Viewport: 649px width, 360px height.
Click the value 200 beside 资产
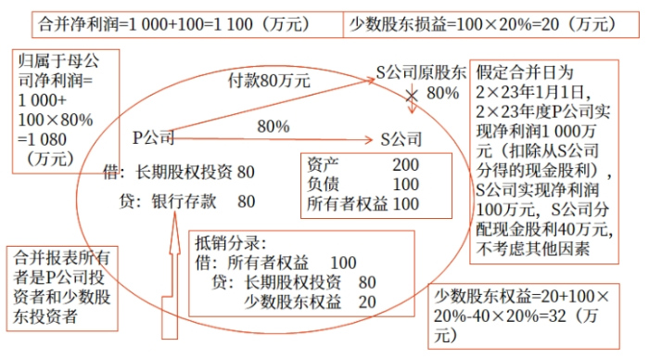tap(407, 165)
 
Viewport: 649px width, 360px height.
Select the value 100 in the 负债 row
tap(407, 184)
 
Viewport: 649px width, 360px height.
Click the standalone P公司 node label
tap(153, 138)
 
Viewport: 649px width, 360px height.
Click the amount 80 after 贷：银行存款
tap(246, 200)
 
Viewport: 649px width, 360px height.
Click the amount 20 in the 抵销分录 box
tap(366, 302)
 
